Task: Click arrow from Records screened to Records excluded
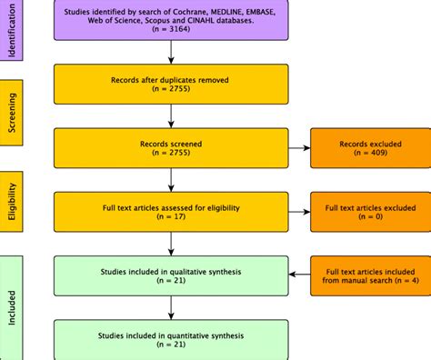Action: [x=297, y=149]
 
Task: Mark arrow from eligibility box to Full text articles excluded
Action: [x=297, y=212]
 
